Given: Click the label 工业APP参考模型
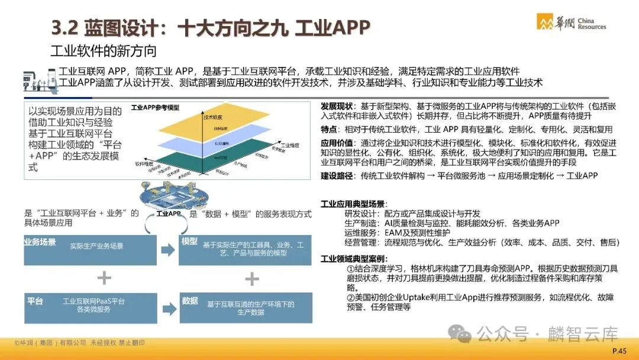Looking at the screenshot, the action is click(155, 108).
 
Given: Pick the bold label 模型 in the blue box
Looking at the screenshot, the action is click(190, 242).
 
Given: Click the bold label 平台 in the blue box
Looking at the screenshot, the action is click(35, 301).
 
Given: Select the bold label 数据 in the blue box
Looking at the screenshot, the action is click(190, 301).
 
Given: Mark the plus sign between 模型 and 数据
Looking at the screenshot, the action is click(252, 278).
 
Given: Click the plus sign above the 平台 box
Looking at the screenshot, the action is click(104, 278).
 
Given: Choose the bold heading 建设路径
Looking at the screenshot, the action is click(337, 175).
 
